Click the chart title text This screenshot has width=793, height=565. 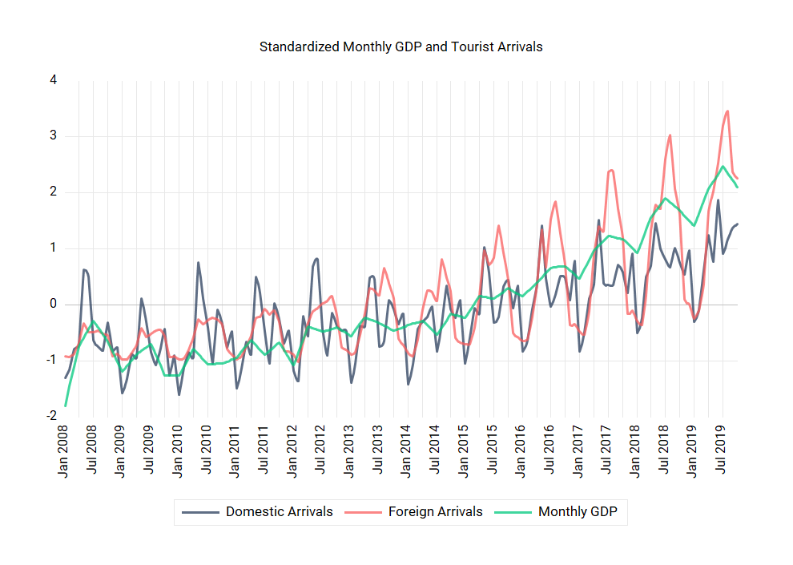[401, 46]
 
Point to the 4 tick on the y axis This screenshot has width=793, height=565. [53, 80]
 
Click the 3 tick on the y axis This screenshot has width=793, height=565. [53, 136]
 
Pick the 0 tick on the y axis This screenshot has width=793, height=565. [53, 305]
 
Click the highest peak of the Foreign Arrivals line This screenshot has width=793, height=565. [727, 111]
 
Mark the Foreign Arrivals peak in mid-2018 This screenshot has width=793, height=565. [670, 135]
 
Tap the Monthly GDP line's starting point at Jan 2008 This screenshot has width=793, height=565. [66, 406]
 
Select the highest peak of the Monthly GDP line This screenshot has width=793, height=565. [723, 167]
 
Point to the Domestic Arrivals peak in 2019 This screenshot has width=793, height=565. [718, 200]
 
